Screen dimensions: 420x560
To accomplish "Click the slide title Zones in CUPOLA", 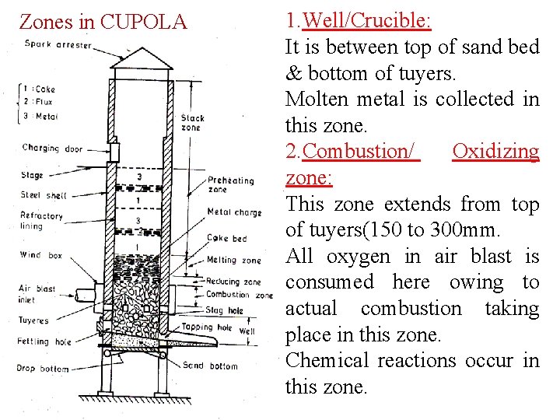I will pyautogui.click(x=103, y=21).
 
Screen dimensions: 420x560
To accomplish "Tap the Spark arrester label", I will pyautogui.click(x=58, y=44).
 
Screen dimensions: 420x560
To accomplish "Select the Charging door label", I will pyautogui.click(x=52, y=148).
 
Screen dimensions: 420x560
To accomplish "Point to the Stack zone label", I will pyautogui.click(x=192, y=123).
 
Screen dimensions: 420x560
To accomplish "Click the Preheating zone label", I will pyautogui.click(x=230, y=184).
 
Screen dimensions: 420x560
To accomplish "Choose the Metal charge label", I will pyautogui.click(x=234, y=212).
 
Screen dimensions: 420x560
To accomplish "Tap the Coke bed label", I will pyautogui.click(x=226, y=238).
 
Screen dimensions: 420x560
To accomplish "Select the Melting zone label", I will pyautogui.click(x=234, y=260).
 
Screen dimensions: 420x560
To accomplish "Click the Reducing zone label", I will pyautogui.click(x=233, y=282).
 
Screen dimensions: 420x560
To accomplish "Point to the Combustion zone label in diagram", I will pyautogui.click(x=240, y=295).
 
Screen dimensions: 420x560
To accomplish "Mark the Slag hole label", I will pyautogui.click(x=225, y=310).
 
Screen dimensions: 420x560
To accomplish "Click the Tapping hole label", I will pyautogui.click(x=207, y=327).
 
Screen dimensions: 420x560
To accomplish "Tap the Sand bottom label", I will pyautogui.click(x=210, y=365).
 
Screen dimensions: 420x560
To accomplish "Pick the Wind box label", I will pyautogui.click(x=40, y=254).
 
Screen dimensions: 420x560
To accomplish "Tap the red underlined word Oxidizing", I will pyautogui.click(x=495, y=151).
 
